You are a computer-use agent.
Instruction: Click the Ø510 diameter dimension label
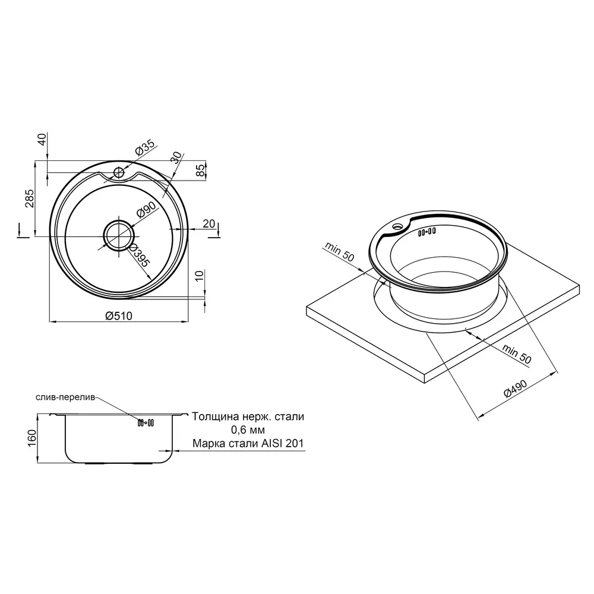[119, 315]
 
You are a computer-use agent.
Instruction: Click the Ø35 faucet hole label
[145, 147]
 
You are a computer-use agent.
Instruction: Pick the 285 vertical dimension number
[29, 198]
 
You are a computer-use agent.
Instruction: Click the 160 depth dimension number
[32, 438]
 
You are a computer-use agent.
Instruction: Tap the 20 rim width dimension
[208, 224]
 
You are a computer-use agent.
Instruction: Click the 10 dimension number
[200, 276]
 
